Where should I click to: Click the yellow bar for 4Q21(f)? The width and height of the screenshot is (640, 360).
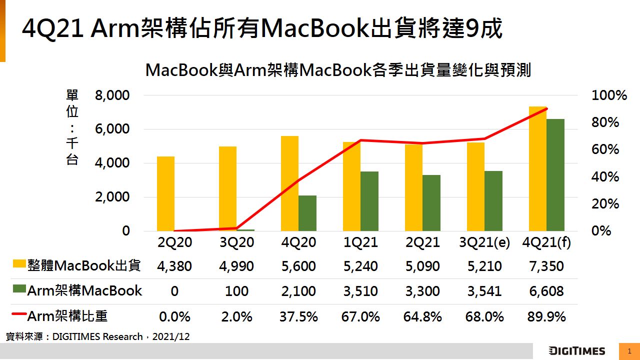click(537, 168)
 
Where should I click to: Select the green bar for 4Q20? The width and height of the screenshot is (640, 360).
click(307, 213)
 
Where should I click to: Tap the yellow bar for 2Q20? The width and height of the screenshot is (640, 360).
click(165, 193)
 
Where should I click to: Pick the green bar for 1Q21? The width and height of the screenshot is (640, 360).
click(369, 201)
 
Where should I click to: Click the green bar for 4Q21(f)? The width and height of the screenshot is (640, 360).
click(555, 175)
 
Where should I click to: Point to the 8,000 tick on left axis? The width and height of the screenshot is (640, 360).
click(112, 95)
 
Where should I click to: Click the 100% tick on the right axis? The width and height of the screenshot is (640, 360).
click(609, 95)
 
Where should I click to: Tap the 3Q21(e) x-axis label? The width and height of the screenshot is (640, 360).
click(484, 242)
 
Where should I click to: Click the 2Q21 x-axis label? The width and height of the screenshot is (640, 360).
click(422, 242)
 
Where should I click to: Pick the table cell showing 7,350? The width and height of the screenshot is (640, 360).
click(546, 266)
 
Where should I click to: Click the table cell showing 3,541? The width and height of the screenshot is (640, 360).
click(484, 291)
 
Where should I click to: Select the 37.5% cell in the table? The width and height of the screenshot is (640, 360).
click(298, 316)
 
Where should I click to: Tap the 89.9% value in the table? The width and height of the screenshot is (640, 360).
click(546, 316)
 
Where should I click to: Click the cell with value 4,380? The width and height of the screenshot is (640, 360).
click(174, 266)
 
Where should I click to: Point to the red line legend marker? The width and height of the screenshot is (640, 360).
click(18, 314)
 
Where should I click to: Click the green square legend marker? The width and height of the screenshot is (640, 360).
click(18, 289)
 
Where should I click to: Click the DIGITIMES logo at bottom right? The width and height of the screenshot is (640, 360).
click(576, 351)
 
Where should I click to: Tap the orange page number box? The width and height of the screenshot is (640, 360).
click(629, 351)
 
